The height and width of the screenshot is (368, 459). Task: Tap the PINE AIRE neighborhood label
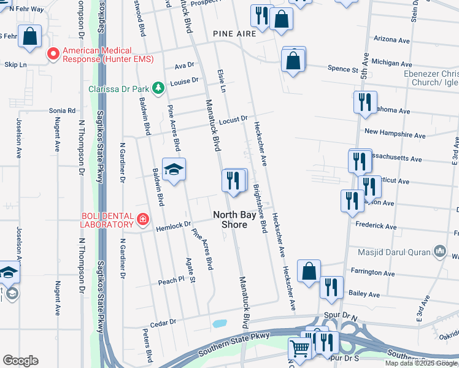234,34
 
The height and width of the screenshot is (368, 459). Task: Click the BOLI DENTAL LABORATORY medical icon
142,218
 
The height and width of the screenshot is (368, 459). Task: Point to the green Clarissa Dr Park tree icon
158,88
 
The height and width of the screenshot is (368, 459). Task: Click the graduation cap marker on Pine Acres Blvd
174,169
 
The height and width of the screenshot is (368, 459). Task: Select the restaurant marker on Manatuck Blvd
233,180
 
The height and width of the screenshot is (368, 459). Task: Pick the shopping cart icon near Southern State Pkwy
300,349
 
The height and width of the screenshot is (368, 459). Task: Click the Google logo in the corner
20,361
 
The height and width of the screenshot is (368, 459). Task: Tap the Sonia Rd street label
62,111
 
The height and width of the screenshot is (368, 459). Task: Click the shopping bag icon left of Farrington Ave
309,270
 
